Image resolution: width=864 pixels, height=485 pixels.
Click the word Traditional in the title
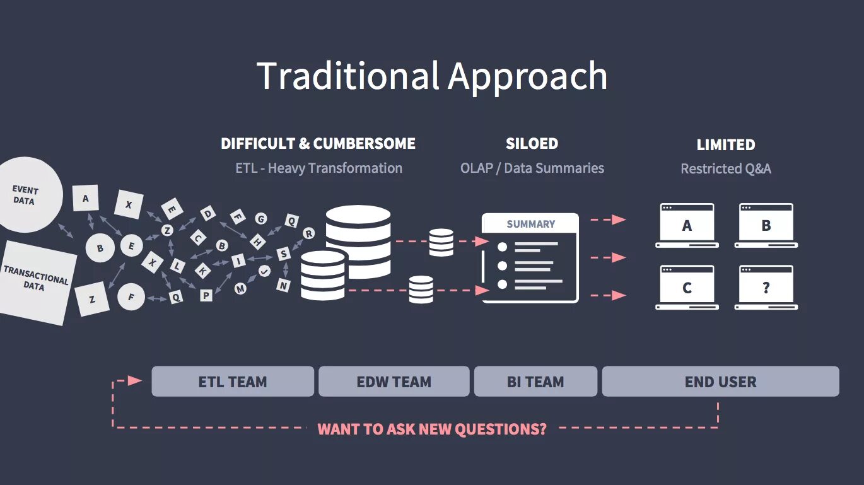[347, 76]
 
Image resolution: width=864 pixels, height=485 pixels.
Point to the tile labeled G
[260, 219]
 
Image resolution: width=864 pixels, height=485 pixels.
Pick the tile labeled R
[308, 233]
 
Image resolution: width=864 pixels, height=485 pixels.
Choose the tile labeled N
[284, 285]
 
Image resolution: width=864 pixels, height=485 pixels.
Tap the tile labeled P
[206, 295]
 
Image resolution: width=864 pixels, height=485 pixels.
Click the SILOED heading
[532, 144]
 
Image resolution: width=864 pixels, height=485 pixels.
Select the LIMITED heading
[725, 145]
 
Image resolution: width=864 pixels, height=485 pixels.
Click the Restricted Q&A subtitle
[725, 169]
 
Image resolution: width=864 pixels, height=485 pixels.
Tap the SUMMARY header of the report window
[530, 224]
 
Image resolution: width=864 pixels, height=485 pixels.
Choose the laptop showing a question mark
[766, 288]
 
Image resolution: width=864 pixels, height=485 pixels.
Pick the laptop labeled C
[687, 288]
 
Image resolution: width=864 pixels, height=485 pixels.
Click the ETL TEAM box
[232, 382]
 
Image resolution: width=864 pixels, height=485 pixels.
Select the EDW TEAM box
[394, 382]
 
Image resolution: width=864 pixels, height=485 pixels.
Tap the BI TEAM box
[535, 382]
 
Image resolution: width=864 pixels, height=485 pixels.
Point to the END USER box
[720, 382]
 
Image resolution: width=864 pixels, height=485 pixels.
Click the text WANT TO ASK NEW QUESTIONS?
[432, 429]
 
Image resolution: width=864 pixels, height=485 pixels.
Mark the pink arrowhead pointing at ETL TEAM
[135, 380]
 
